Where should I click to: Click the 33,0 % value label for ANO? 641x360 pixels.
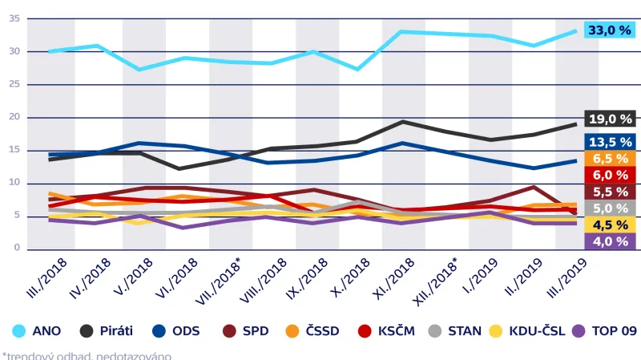pyautogui.click(x=610, y=30)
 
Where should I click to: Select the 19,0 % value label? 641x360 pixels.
pyautogui.click(x=610, y=119)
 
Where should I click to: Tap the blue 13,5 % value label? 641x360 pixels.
pyautogui.click(x=610, y=141)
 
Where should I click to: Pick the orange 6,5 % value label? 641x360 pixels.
pyautogui.click(x=610, y=159)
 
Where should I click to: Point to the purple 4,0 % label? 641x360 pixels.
pyautogui.click(x=610, y=241)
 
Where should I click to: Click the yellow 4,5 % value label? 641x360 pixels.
pyautogui.click(x=610, y=224)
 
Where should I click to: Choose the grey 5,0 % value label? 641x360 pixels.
pyautogui.click(x=610, y=208)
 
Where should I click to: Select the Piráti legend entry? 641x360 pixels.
pyautogui.click(x=108, y=330)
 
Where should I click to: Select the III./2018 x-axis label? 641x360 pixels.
pyautogui.click(x=47, y=277)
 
